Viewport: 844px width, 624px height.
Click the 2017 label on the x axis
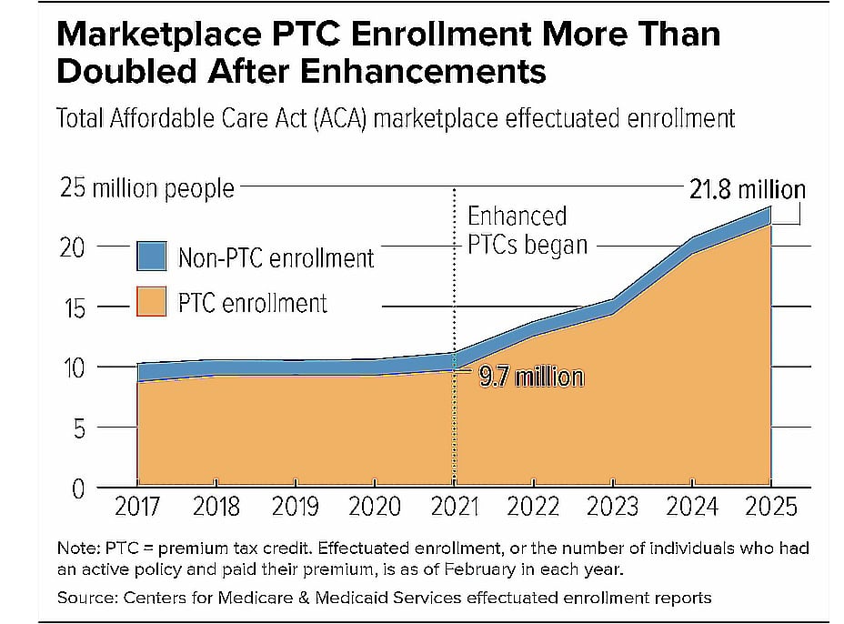pos(136,507)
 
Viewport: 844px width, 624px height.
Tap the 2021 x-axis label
pos(454,507)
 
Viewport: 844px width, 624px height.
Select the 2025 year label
pos(772,507)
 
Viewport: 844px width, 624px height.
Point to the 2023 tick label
pos(614,507)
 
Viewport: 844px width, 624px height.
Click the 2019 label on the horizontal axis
pos(296,507)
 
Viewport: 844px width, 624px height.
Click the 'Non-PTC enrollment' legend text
pos(276,258)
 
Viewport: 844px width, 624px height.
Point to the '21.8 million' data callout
pos(746,189)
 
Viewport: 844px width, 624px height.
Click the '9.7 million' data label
pos(531,377)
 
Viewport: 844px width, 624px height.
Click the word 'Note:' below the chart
pos(76,549)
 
